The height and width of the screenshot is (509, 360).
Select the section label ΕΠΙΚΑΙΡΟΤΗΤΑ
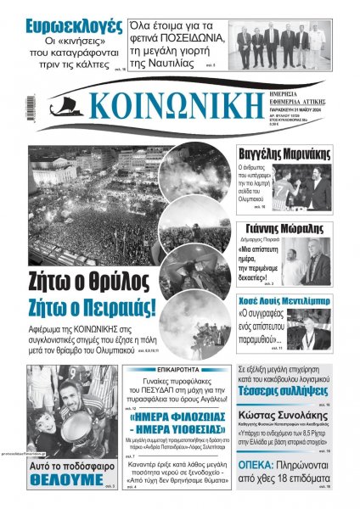click(177, 371)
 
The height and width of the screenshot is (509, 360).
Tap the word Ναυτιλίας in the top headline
click(189, 62)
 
